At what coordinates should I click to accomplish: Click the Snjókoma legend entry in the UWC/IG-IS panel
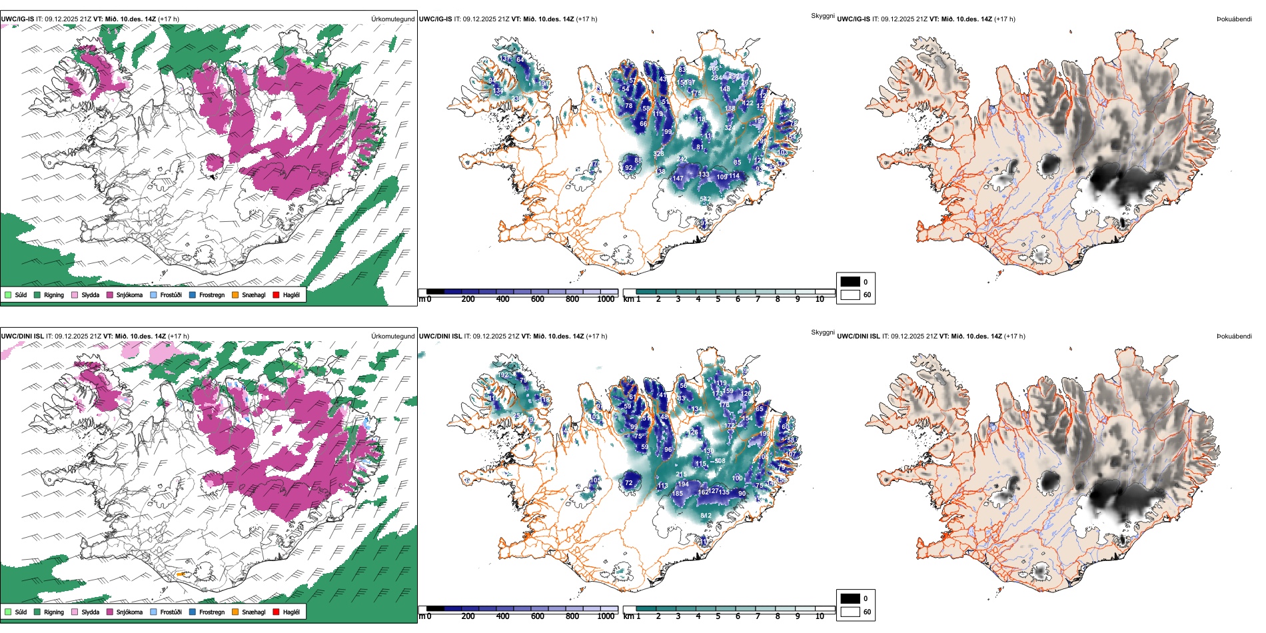coord(129,295)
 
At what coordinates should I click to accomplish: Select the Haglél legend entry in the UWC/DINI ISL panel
coord(291,612)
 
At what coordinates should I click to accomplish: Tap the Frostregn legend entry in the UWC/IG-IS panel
coord(211,295)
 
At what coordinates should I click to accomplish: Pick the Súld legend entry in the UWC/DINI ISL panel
coord(21,612)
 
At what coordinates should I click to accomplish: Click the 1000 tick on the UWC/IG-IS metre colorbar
coord(606,299)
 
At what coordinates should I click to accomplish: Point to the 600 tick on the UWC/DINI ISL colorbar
coord(538,616)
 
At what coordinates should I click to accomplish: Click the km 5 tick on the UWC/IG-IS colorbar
coord(718,299)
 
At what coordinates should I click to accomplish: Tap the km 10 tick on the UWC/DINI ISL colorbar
coord(820,616)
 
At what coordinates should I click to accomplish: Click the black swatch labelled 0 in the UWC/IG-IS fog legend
coord(850,282)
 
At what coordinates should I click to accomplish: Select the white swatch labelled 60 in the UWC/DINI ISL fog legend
coord(850,612)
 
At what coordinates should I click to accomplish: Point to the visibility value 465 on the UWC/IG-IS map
coord(714,69)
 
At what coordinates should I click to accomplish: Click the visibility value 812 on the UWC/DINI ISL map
coord(706,516)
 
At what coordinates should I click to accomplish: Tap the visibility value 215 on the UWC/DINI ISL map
coord(681,475)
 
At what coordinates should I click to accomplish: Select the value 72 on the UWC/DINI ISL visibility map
coord(628,483)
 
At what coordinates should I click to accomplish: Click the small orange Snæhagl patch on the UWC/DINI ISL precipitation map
coord(180,574)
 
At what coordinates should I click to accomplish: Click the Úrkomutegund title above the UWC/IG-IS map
coord(392,19)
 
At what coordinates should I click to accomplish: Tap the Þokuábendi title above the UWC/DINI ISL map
coord(1234,336)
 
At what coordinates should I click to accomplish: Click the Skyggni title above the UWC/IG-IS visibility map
coord(822,16)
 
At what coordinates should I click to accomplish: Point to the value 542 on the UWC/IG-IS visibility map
coord(706,199)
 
